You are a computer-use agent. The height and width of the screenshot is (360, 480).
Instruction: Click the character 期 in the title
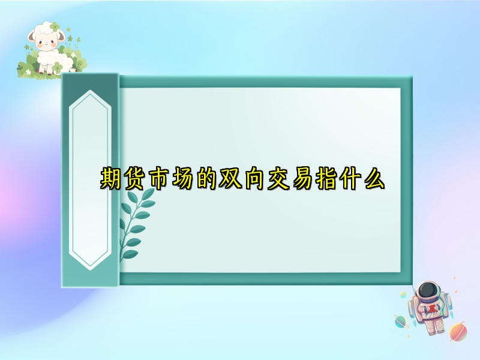point(111,179)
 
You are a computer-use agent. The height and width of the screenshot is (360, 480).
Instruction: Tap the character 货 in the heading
point(136,179)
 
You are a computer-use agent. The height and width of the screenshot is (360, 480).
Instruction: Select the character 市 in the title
point(160,179)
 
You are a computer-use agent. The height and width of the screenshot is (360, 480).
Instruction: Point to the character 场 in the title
point(185,179)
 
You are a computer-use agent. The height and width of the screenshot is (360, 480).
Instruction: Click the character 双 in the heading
point(234,179)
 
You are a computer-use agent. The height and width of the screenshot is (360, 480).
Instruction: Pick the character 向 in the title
point(259,179)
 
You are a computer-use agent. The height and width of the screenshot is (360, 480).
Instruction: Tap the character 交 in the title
point(283,179)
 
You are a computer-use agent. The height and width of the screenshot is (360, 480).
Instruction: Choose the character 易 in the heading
point(308,179)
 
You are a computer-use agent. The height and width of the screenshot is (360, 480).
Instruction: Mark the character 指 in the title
point(332,179)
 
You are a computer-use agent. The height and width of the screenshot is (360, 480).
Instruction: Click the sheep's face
point(46,42)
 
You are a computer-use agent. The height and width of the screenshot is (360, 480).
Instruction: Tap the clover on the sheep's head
point(56,27)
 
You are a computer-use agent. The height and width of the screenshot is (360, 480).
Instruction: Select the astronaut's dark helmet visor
point(427,292)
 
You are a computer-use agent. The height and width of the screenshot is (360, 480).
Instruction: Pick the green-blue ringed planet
point(400,322)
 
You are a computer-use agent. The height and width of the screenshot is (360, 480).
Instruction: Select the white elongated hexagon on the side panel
point(91,180)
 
